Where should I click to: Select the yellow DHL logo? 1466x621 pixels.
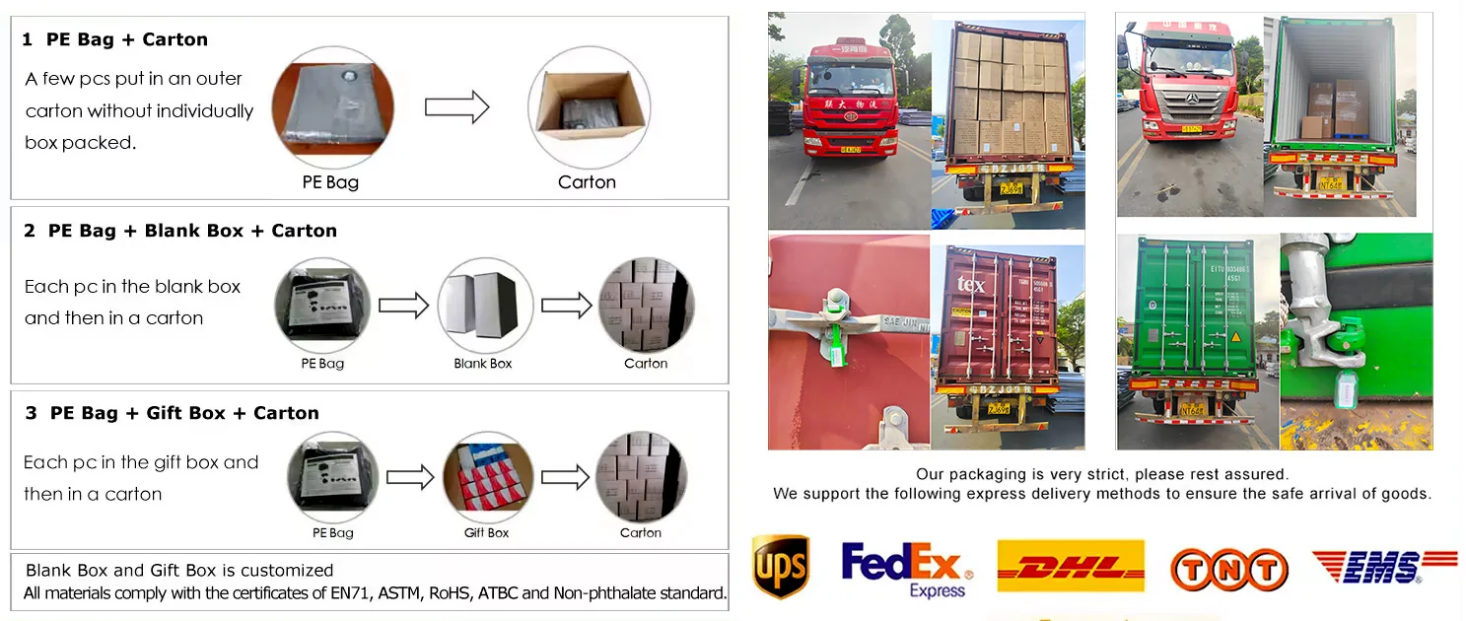1071,567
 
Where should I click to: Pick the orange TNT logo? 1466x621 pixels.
1228,569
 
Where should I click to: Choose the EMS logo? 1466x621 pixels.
1382,567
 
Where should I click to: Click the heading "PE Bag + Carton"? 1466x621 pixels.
127,40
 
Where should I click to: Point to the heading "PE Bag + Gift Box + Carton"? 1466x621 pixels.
184,413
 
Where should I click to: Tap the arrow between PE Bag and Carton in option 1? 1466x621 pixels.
456,106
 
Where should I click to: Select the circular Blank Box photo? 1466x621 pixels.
484,305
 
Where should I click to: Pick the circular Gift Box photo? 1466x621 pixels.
487,477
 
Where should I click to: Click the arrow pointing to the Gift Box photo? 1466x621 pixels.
410,478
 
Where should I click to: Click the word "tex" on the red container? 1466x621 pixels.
970,285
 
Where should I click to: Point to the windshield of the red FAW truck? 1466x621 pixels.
850,78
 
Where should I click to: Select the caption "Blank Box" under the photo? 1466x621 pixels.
483,364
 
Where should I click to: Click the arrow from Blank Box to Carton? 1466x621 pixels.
566,306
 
